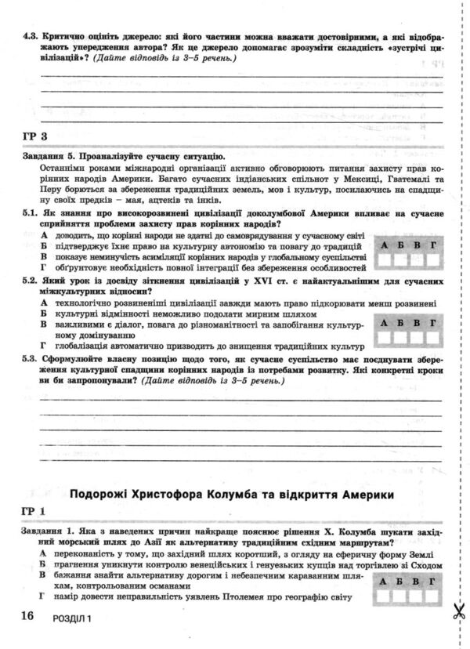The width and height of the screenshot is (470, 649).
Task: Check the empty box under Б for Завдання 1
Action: coord(401,596)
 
